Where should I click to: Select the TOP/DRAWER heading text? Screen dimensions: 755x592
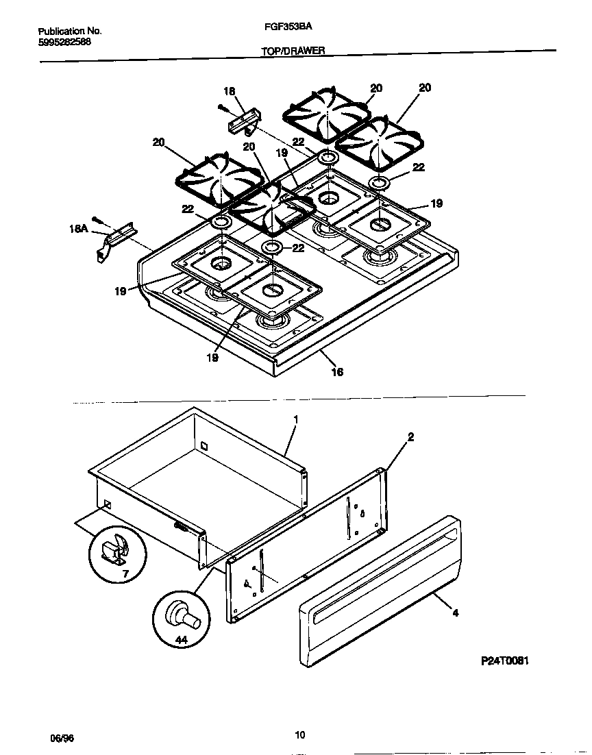click(292, 51)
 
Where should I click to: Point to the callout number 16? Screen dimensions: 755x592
click(336, 372)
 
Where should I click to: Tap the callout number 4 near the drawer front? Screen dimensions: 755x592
click(456, 612)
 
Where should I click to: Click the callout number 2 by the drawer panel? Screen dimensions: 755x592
click(410, 436)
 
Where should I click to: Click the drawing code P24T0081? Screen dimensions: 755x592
click(504, 661)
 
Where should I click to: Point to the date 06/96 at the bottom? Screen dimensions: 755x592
click(61, 738)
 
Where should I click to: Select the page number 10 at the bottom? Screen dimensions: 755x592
click(299, 735)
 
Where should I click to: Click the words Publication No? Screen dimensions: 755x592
click(69, 32)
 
